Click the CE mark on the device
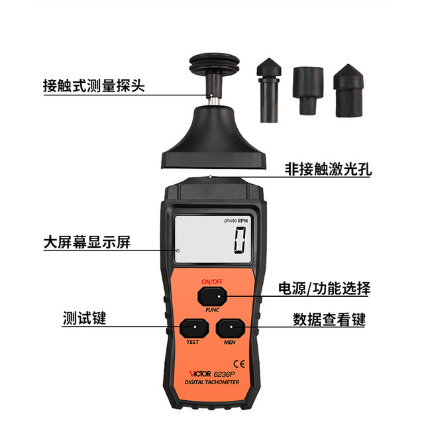pos(239,363)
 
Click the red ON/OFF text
pos(212,281)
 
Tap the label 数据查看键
pos(329,319)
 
